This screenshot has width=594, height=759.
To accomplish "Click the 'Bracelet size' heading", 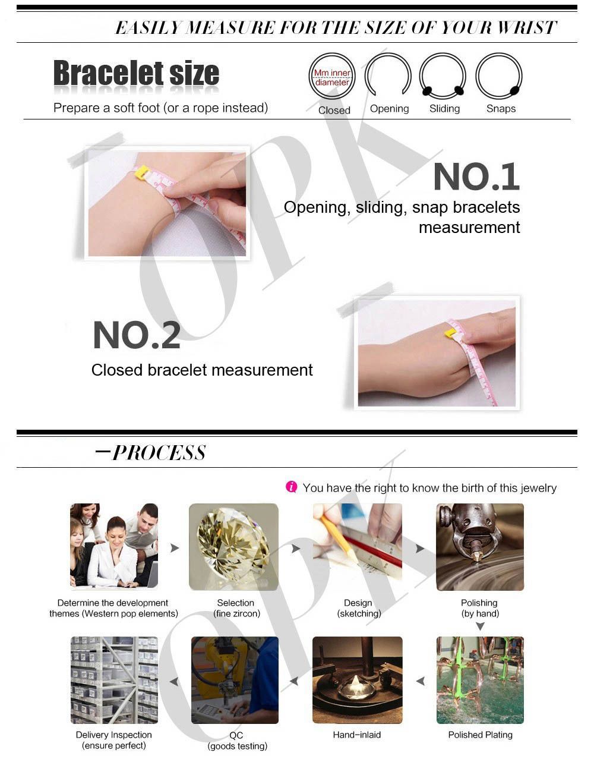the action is point(136,73).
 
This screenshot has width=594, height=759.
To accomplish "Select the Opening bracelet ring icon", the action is point(388,53).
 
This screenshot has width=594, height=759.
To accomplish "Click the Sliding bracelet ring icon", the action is point(443,53).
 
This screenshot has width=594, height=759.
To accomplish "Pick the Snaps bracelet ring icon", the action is point(499,53).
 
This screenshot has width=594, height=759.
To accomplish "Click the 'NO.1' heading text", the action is point(477,177).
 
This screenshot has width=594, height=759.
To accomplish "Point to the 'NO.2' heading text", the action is point(137,335).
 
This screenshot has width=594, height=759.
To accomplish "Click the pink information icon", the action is point(291,487).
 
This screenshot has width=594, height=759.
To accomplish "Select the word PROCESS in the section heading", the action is point(159,453).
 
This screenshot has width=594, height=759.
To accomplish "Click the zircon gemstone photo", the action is point(233,547).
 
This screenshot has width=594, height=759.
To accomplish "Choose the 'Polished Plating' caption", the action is point(480,735).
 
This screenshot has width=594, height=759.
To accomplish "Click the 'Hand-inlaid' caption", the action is point(356,735).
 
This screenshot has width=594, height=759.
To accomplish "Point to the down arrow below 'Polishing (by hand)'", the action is point(480,627).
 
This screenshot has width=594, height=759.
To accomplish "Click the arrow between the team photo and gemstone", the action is point(175,547).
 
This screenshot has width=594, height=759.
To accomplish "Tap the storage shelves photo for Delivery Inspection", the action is point(114,680).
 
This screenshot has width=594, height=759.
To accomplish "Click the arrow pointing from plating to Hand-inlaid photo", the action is point(421,681).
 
